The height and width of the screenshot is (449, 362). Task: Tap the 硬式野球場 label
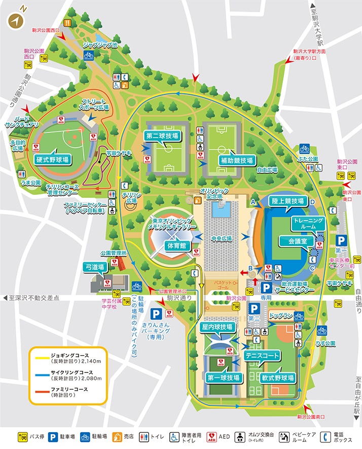[52, 158]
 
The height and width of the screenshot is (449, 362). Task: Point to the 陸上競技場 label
[287, 201]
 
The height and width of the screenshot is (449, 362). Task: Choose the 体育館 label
[175, 246]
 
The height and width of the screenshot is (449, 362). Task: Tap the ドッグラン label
[281, 316]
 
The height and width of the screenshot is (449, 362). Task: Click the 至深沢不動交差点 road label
[34, 298]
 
